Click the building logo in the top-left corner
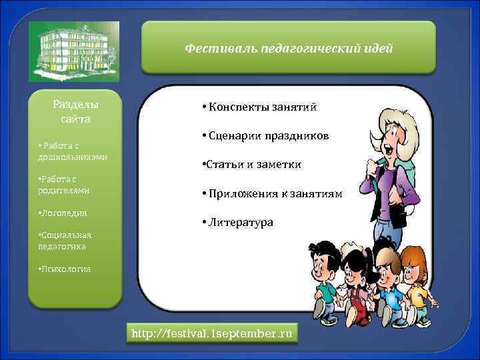coord(74,51)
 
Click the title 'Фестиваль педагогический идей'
coord(289,49)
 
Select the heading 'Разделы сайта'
coord(75,112)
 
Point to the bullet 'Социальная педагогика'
coord(65,241)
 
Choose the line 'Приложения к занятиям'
coord(274,194)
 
